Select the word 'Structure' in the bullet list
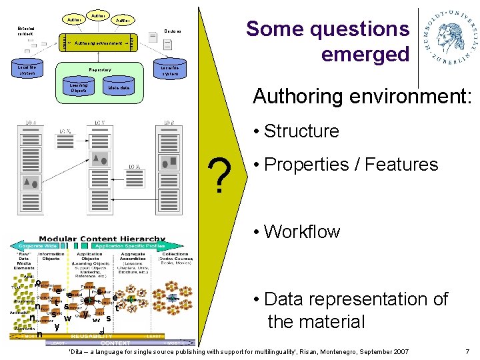301,131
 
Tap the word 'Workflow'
302,232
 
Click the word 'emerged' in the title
365,54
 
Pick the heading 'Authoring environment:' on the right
362,97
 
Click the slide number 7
467,351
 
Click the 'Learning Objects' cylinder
78,87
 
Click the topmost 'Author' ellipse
98,14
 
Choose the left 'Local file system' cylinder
27,70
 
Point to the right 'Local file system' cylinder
169,71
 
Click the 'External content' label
27,31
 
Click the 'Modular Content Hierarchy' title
102,239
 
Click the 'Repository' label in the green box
100,70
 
